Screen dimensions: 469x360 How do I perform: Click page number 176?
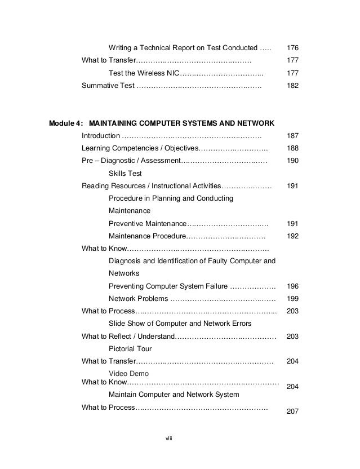(292, 46)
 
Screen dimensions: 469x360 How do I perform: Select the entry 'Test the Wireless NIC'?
(145, 73)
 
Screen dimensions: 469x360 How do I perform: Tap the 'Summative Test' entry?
(108, 86)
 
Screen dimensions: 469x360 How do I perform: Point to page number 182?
(292, 86)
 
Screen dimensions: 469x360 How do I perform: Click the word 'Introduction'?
(100, 136)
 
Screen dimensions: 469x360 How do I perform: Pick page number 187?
(292, 136)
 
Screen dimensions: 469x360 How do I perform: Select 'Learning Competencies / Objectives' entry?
(139, 148)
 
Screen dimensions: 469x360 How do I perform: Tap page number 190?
(292, 161)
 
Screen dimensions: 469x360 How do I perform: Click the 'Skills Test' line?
(125, 174)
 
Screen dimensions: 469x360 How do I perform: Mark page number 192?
(292, 237)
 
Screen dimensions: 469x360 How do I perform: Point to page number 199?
(292, 299)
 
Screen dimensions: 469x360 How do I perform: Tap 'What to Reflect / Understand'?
(128, 337)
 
